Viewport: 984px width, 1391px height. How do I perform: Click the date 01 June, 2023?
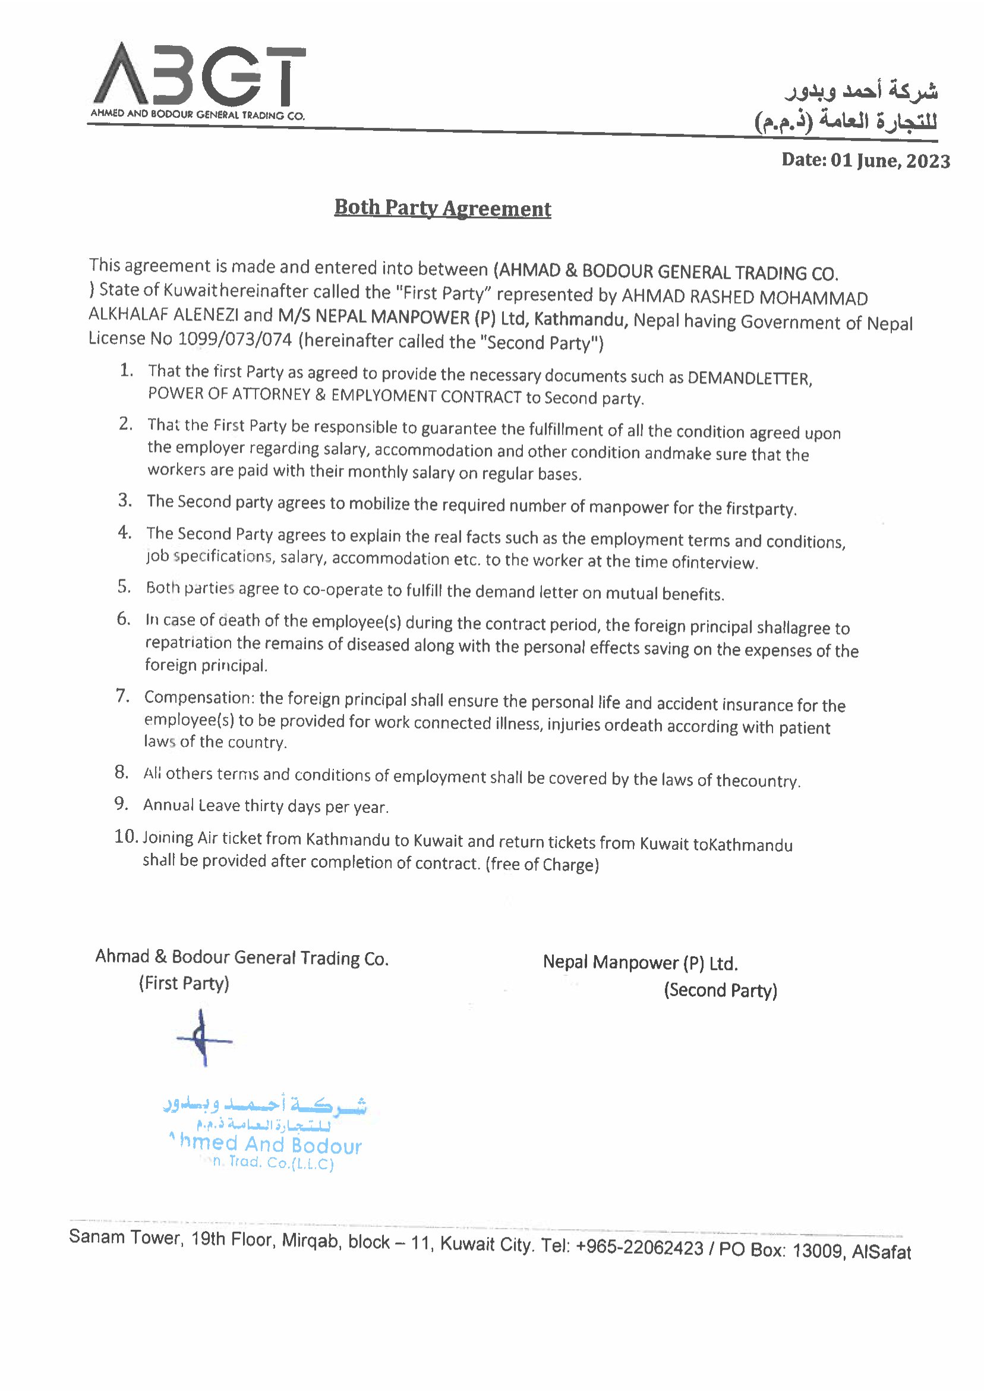click(x=889, y=160)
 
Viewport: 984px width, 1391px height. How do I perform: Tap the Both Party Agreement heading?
click(x=442, y=208)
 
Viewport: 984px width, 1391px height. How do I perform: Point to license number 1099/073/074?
click(x=235, y=339)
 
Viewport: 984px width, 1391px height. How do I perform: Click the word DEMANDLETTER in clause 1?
click(x=749, y=378)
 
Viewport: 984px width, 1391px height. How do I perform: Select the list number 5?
click(x=124, y=586)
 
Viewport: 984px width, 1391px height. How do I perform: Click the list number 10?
click(x=127, y=837)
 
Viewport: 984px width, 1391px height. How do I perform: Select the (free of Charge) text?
click(x=542, y=864)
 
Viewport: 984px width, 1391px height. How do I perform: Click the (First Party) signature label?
click(x=184, y=983)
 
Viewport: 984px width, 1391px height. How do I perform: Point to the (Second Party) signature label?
click(x=720, y=990)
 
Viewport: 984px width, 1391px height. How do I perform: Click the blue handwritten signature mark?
click(x=204, y=1039)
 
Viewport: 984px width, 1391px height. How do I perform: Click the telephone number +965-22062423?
click(x=639, y=1247)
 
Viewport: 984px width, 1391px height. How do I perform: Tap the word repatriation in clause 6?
click(x=188, y=642)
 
